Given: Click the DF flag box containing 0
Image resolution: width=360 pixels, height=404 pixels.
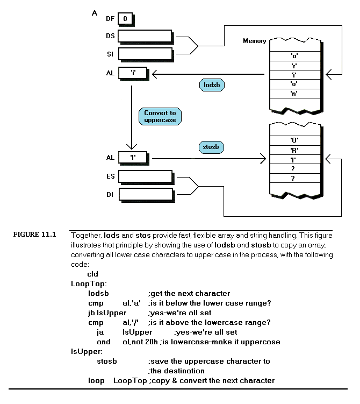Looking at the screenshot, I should point(125,19).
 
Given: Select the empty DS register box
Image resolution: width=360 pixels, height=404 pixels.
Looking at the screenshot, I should point(144,36).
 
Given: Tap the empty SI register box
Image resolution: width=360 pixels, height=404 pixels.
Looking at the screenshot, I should point(144,54).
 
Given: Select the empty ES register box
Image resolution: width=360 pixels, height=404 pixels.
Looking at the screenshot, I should point(144,176).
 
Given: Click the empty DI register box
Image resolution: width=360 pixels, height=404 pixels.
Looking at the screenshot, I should point(144,194).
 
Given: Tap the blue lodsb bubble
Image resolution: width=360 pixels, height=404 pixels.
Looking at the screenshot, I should point(211,84).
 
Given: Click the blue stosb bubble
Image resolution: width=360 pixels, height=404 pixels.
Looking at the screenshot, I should point(211,146).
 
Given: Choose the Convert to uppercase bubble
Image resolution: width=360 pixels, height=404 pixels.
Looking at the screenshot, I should point(160,117).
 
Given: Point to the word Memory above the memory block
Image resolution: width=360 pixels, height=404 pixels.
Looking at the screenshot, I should point(254,41).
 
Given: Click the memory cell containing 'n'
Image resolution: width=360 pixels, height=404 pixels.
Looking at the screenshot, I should point(294,93).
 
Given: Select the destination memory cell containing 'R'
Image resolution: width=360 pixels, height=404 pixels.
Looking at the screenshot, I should point(294,150).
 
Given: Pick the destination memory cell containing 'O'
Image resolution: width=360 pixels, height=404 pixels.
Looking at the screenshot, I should point(294,140).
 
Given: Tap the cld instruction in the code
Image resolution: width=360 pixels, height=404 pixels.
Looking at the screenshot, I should point(92,274).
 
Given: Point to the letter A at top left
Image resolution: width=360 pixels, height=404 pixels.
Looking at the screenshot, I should point(95,14).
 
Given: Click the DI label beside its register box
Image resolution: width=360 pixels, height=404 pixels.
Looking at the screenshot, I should point(110,195).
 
